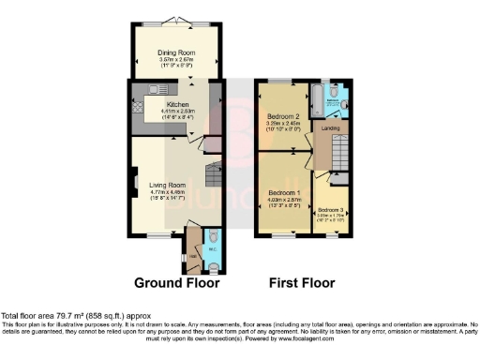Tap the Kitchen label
pos(177,104)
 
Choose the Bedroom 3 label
pos(330,209)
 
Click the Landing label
pos(331,128)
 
